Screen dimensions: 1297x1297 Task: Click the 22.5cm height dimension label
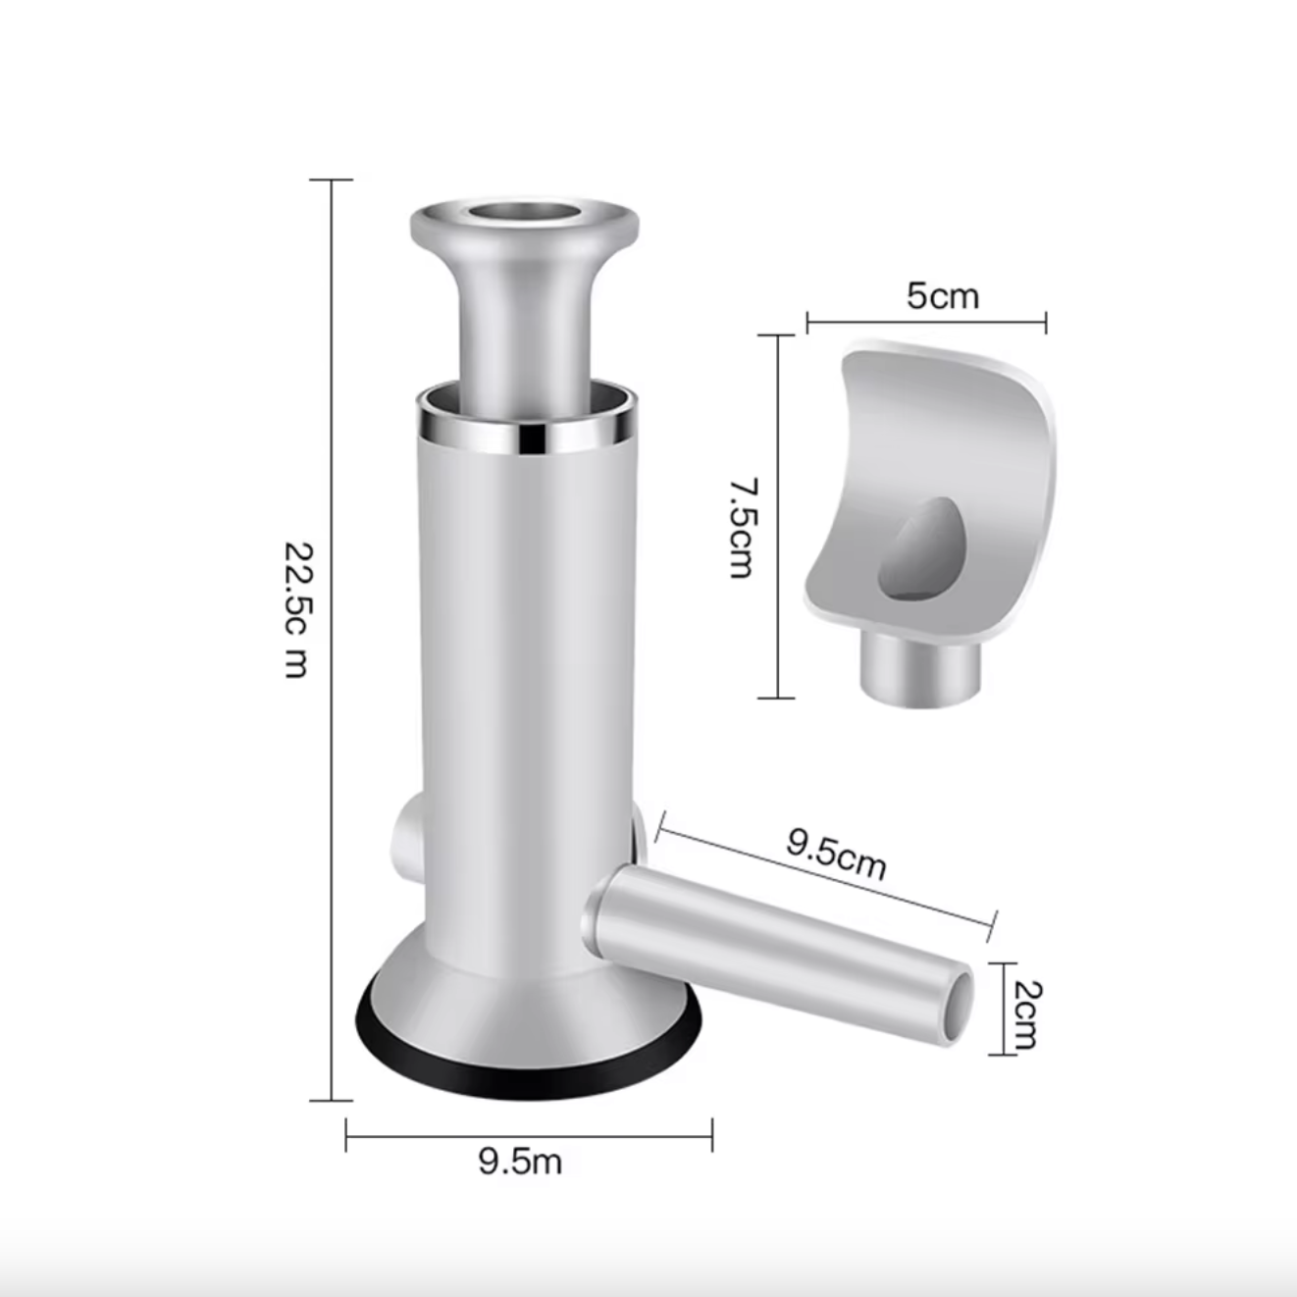(x=297, y=610)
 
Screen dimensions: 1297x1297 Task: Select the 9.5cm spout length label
(x=836, y=854)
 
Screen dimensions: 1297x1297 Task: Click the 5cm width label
(x=942, y=296)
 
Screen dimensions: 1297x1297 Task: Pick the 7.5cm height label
(x=744, y=528)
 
